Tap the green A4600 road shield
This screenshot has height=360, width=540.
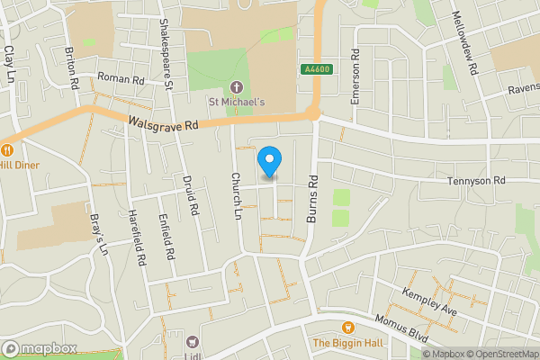pyautogui.click(x=312, y=69)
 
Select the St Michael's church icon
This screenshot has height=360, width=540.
pyautogui.click(x=238, y=87)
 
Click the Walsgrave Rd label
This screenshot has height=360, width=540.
pyautogui.click(x=163, y=125)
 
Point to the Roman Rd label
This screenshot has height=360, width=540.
pyautogui.click(x=121, y=79)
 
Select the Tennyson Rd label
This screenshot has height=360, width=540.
pyautogui.click(x=477, y=181)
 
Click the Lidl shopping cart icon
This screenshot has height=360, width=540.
pyautogui.click(x=191, y=341)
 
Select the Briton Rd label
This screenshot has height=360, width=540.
pyautogui.click(x=73, y=68)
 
